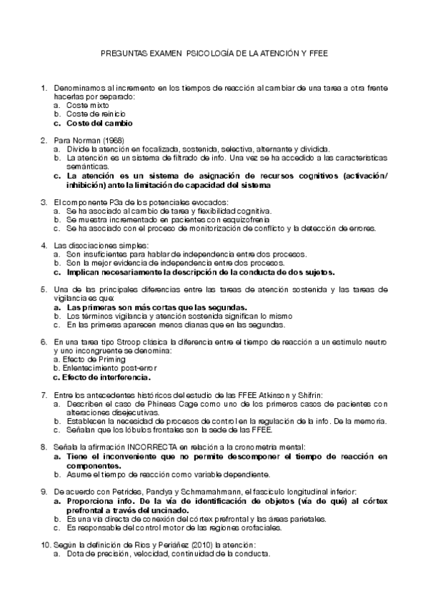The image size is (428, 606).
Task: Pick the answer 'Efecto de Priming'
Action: [84, 359]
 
